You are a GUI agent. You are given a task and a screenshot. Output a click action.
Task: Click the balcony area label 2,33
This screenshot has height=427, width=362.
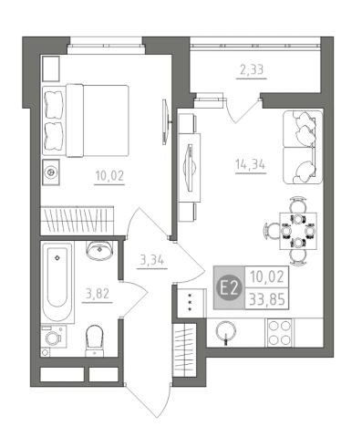point(252,70)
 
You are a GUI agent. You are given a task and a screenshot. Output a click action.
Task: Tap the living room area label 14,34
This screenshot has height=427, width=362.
point(251,164)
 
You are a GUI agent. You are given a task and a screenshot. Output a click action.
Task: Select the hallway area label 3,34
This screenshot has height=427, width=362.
point(152,260)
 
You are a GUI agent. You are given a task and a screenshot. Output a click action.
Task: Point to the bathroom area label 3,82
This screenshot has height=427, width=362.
point(98,294)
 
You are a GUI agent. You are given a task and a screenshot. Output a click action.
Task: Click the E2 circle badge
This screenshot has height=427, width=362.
point(229,287)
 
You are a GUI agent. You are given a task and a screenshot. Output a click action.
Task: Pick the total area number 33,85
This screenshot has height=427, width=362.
point(267,299)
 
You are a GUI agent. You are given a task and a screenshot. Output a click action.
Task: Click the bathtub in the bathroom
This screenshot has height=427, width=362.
point(57,282)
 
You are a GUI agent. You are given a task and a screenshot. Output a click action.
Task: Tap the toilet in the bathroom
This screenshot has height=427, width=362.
point(95,340)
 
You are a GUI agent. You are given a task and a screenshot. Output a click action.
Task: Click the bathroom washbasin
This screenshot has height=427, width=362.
point(99,250)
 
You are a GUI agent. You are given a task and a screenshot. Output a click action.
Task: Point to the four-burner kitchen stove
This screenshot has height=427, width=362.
point(279,333)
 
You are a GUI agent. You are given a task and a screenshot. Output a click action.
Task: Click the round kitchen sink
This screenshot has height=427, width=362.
point(225,331)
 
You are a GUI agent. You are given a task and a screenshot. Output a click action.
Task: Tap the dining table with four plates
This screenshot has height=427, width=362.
point(298,231)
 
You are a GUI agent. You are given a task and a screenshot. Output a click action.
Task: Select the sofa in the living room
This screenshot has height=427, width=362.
point(303,147)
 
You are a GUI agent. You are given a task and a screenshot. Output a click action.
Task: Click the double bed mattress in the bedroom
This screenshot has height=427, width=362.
point(98,120)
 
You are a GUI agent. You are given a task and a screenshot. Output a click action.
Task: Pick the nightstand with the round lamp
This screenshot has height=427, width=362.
point(51,172)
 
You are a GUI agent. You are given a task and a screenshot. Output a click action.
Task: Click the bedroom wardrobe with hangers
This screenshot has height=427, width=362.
point(78,220)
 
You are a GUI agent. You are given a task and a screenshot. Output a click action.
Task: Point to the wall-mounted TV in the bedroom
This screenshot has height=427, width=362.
point(165,121)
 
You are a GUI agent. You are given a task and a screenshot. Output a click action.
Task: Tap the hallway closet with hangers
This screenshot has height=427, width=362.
point(185,350)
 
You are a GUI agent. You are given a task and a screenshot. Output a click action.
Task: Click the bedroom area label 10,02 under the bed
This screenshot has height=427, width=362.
point(109,175)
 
